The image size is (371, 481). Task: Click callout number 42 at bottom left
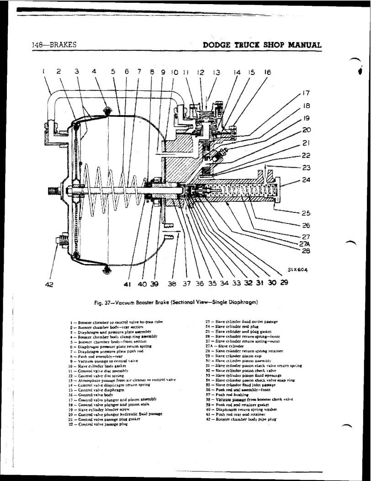tap(50, 285)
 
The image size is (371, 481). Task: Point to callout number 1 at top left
tap(42, 71)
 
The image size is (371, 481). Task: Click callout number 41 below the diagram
tap(128, 284)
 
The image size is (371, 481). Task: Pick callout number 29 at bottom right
tap(284, 283)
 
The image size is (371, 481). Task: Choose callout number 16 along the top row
tap(267, 72)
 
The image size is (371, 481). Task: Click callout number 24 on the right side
tap(307, 180)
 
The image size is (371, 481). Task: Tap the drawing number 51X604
tap(297, 270)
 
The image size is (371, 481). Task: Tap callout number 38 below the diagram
tap(172, 284)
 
